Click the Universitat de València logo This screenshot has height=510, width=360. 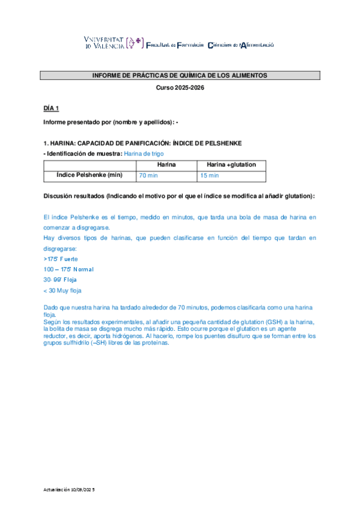pyautogui.click(x=114, y=42)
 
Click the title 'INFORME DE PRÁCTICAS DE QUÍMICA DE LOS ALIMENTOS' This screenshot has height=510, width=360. pyautogui.click(x=180, y=76)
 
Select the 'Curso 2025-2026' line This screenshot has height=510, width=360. pyautogui.click(x=180, y=88)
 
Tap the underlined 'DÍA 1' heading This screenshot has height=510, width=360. pyautogui.click(x=51, y=108)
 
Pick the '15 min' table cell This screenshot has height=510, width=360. pyautogui.click(x=210, y=176)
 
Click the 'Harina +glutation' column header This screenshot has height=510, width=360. pyautogui.click(x=231, y=164)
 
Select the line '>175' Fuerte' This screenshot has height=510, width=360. pyautogui.click(x=61, y=259)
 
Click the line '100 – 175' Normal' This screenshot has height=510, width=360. pyautogui.click(x=69, y=269)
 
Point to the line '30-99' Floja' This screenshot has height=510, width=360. pyautogui.click(x=60, y=280)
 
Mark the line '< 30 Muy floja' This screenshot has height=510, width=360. pyautogui.click(x=63, y=290)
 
